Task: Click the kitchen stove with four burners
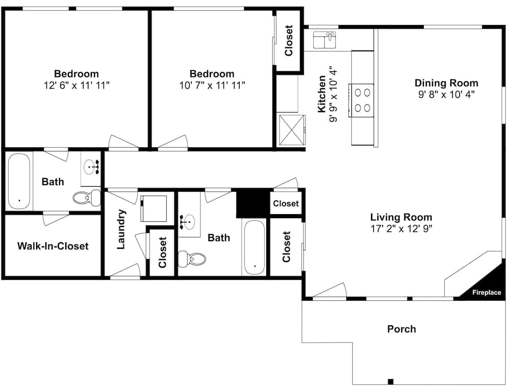pyautogui.click(x=361, y=100)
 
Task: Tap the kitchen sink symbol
pyautogui.click(x=324, y=40)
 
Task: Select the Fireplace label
pyautogui.click(x=487, y=292)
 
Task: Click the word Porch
pyautogui.click(x=401, y=329)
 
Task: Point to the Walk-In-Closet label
pyautogui.click(x=53, y=246)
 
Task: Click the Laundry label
pyautogui.click(x=121, y=229)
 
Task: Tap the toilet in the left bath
pyautogui.click(x=87, y=197)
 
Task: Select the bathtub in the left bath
pyautogui.click(x=19, y=181)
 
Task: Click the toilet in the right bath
pyautogui.click(x=192, y=259)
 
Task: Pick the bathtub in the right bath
pyautogui.click(x=255, y=248)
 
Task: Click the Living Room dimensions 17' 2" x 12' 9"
pyautogui.click(x=401, y=228)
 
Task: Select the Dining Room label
pyautogui.click(x=446, y=83)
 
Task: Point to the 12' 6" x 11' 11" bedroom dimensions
pyautogui.click(x=76, y=86)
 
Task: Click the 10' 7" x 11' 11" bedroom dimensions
pyautogui.click(x=212, y=86)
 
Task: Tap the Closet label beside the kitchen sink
pyautogui.click(x=289, y=41)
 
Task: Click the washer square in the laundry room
pyautogui.click(x=154, y=209)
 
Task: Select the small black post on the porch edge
pyautogui.click(x=391, y=381)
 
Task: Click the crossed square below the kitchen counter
pyautogui.click(x=291, y=129)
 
